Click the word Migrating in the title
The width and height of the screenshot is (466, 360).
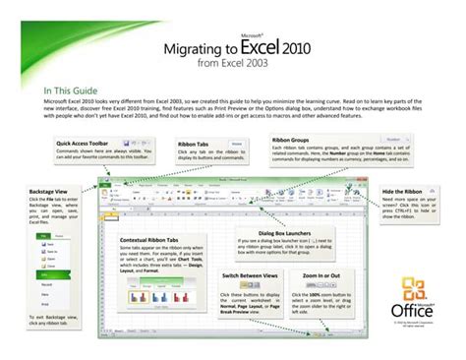pyautogui.click(x=201, y=47)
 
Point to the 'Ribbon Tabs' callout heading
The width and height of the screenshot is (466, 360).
pyautogui.click(x=193, y=145)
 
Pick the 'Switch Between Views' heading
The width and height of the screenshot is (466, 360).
pyautogui.click(x=256, y=277)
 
